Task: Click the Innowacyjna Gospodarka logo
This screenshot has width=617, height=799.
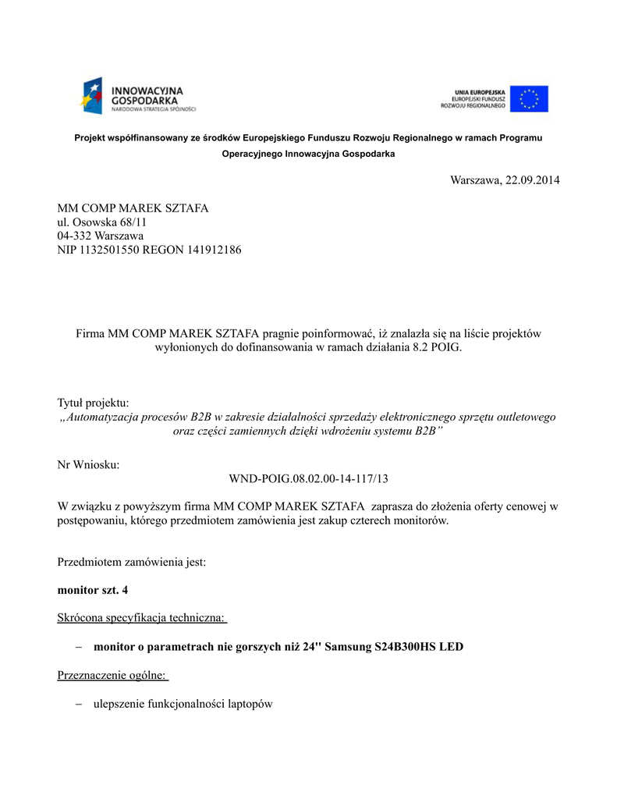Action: pos(138,97)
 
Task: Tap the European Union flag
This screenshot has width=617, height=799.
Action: pos(530,99)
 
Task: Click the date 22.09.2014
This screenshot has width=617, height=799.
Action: pos(533,180)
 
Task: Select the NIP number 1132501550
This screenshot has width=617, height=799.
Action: pos(110,250)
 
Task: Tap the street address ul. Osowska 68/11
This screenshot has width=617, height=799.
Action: pos(102,222)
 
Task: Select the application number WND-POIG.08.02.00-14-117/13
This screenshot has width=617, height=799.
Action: pos(308,478)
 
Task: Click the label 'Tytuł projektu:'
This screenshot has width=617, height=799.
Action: pos(93,403)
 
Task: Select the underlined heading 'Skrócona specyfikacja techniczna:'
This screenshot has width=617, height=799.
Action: pos(142,618)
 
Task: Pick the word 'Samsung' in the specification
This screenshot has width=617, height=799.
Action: pos(347,647)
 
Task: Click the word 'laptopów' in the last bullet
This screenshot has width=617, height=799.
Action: pos(250,704)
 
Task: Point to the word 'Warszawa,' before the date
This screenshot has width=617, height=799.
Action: pos(477,180)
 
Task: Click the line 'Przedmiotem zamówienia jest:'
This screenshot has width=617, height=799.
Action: pos(132,562)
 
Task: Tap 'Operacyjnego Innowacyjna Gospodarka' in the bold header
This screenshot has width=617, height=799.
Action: pos(308,154)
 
